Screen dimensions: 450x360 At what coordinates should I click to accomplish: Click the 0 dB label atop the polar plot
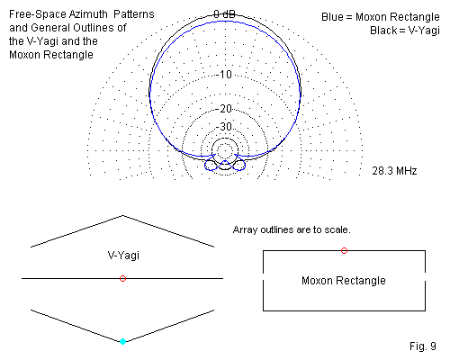click(x=224, y=13)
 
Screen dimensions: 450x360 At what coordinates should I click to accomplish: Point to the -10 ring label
click(x=224, y=74)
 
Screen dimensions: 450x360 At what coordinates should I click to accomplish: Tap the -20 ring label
click(x=224, y=108)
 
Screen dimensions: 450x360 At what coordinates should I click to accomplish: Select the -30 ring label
click(x=224, y=126)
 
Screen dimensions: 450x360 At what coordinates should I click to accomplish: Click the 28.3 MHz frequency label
click(x=394, y=171)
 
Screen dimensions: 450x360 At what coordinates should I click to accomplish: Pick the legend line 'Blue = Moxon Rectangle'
click(x=381, y=17)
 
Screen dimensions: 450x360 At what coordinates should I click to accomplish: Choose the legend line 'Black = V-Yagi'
click(x=405, y=31)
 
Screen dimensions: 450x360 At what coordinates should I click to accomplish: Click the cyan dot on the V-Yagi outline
click(x=122, y=341)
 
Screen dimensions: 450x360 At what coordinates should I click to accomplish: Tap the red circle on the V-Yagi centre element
click(x=122, y=279)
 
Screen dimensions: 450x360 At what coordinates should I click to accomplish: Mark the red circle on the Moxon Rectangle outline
click(x=344, y=250)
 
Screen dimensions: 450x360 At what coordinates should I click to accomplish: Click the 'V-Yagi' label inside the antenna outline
click(x=123, y=256)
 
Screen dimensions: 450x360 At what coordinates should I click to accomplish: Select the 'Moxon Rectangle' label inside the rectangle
click(x=344, y=281)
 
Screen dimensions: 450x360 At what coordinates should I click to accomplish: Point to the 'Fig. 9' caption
click(x=423, y=346)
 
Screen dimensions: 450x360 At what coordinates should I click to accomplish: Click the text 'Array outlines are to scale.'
click(x=292, y=229)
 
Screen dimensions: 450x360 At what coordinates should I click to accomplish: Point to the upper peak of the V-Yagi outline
click(x=122, y=215)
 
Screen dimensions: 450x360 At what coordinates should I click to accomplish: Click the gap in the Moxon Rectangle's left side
click(x=263, y=276)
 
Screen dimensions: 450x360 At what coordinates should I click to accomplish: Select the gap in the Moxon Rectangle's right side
click(x=425, y=276)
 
